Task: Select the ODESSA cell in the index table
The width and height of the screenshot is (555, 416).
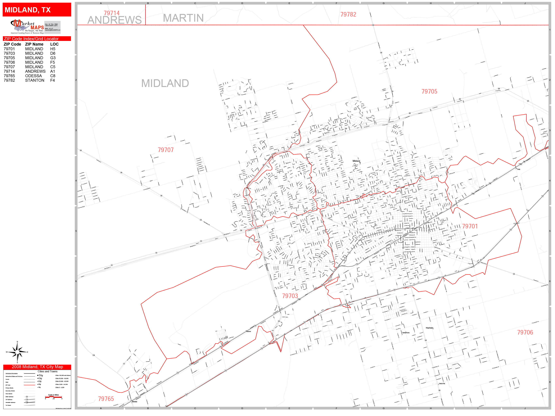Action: tap(33, 76)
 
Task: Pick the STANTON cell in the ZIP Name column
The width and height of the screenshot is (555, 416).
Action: tap(35, 80)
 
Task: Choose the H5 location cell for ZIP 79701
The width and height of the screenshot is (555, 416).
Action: tap(53, 49)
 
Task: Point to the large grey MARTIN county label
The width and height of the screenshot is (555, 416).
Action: tap(183, 18)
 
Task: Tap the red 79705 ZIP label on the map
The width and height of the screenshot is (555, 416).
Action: tap(429, 91)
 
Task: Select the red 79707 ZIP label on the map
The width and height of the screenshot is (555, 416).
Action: tap(166, 150)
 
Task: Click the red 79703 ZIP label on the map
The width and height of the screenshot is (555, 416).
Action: tap(290, 296)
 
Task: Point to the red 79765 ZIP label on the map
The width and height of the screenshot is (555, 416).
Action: tap(106, 399)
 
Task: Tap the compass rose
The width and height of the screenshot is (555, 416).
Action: tap(17, 352)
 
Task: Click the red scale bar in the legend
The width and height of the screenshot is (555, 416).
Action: tap(53, 397)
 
